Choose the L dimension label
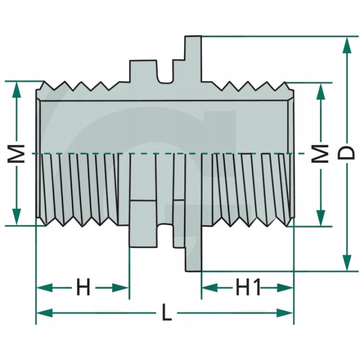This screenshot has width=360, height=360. click(166, 313)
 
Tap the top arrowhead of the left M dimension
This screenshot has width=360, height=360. click(17, 88)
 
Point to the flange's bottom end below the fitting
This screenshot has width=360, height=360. click(193, 267)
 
